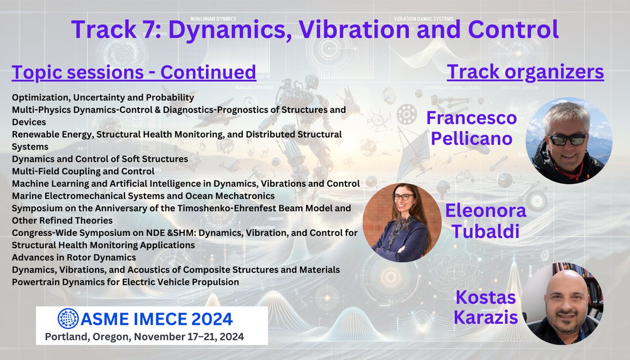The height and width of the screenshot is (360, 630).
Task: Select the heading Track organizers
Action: [525, 72]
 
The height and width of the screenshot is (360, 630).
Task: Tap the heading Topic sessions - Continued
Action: [134, 72]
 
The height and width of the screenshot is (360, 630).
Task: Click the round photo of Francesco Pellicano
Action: [569, 140]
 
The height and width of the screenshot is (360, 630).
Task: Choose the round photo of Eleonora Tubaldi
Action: [402, 223]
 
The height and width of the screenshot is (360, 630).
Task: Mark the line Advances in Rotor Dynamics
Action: [74, 257]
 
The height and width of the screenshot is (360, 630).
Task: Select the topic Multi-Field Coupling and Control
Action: [83, 171]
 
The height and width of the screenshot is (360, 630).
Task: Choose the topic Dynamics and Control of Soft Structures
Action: [100, 158]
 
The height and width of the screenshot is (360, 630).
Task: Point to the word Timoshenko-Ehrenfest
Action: [209, 208]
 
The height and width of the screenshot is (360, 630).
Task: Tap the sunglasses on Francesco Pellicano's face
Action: [567, 140]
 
